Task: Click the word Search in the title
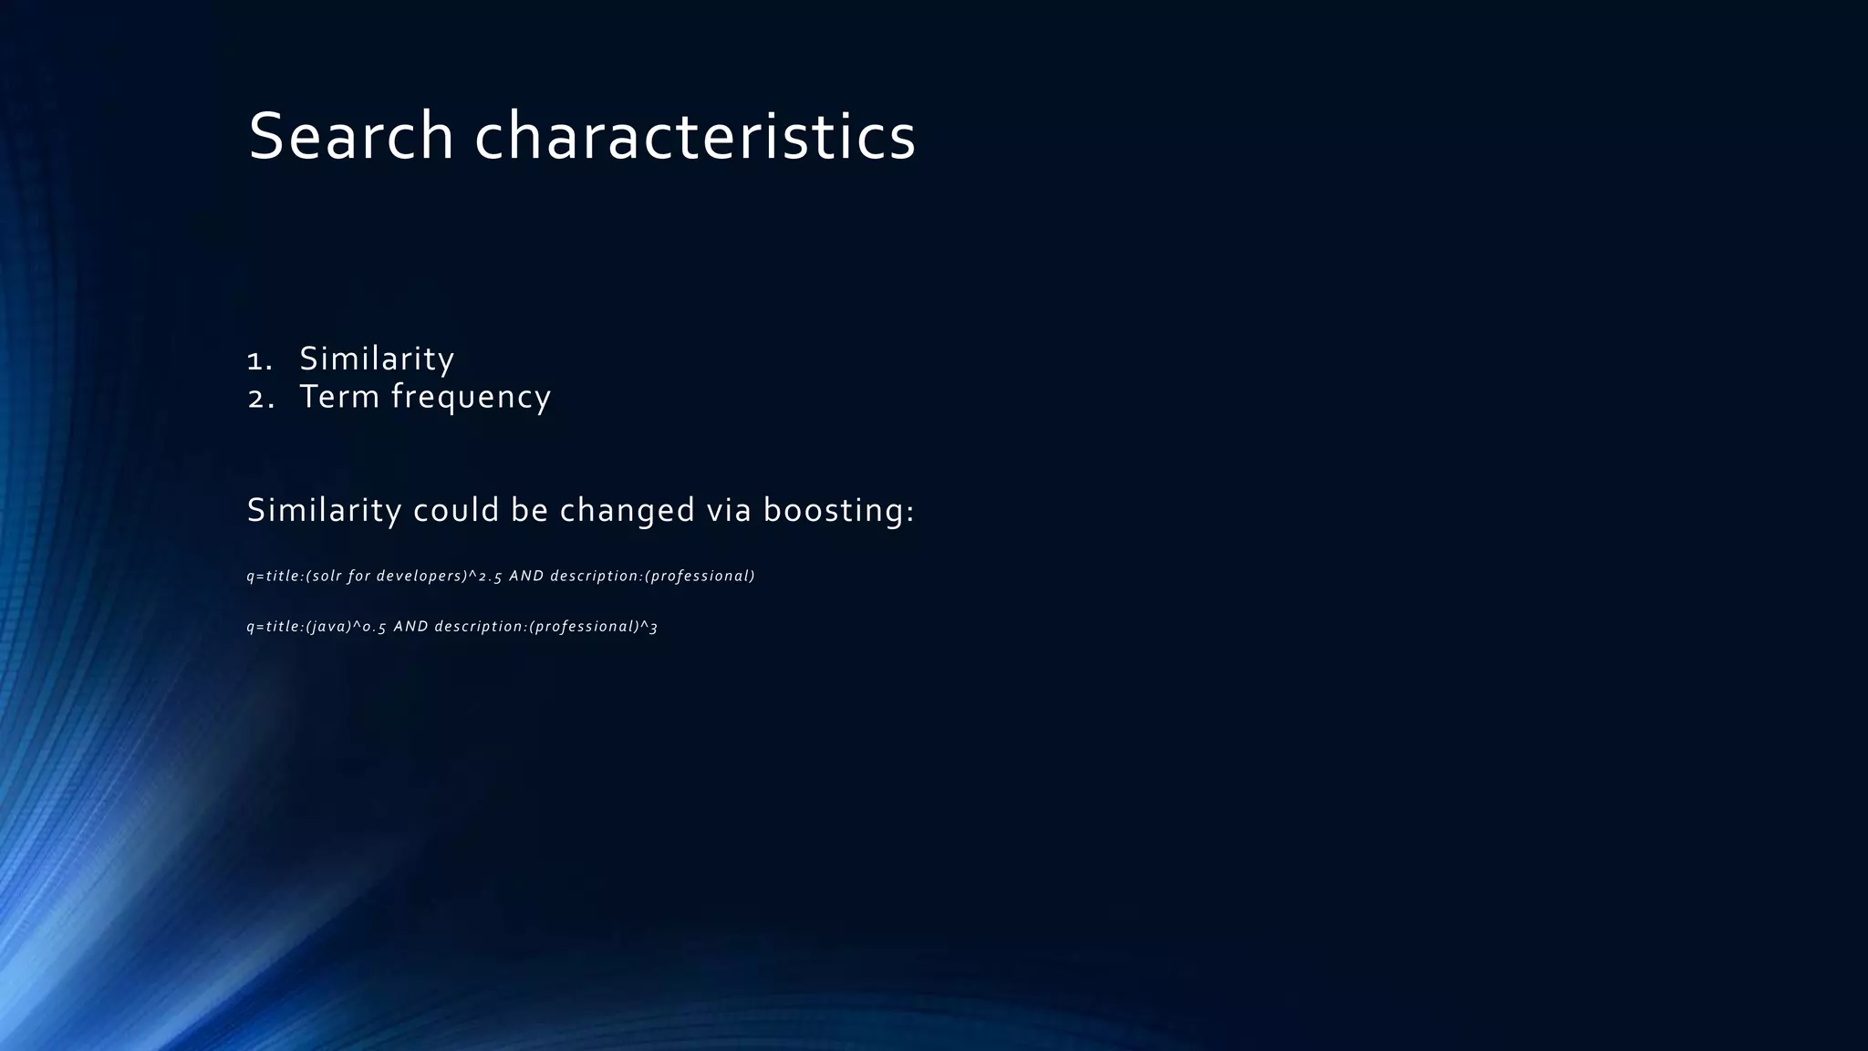351,137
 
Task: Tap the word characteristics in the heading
695,137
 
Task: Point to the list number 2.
260,399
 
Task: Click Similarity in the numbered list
377,359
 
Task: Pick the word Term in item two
339,397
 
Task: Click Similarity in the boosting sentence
324,510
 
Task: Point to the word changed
627,510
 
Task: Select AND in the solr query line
526,576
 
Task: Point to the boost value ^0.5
369,627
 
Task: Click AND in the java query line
410,627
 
